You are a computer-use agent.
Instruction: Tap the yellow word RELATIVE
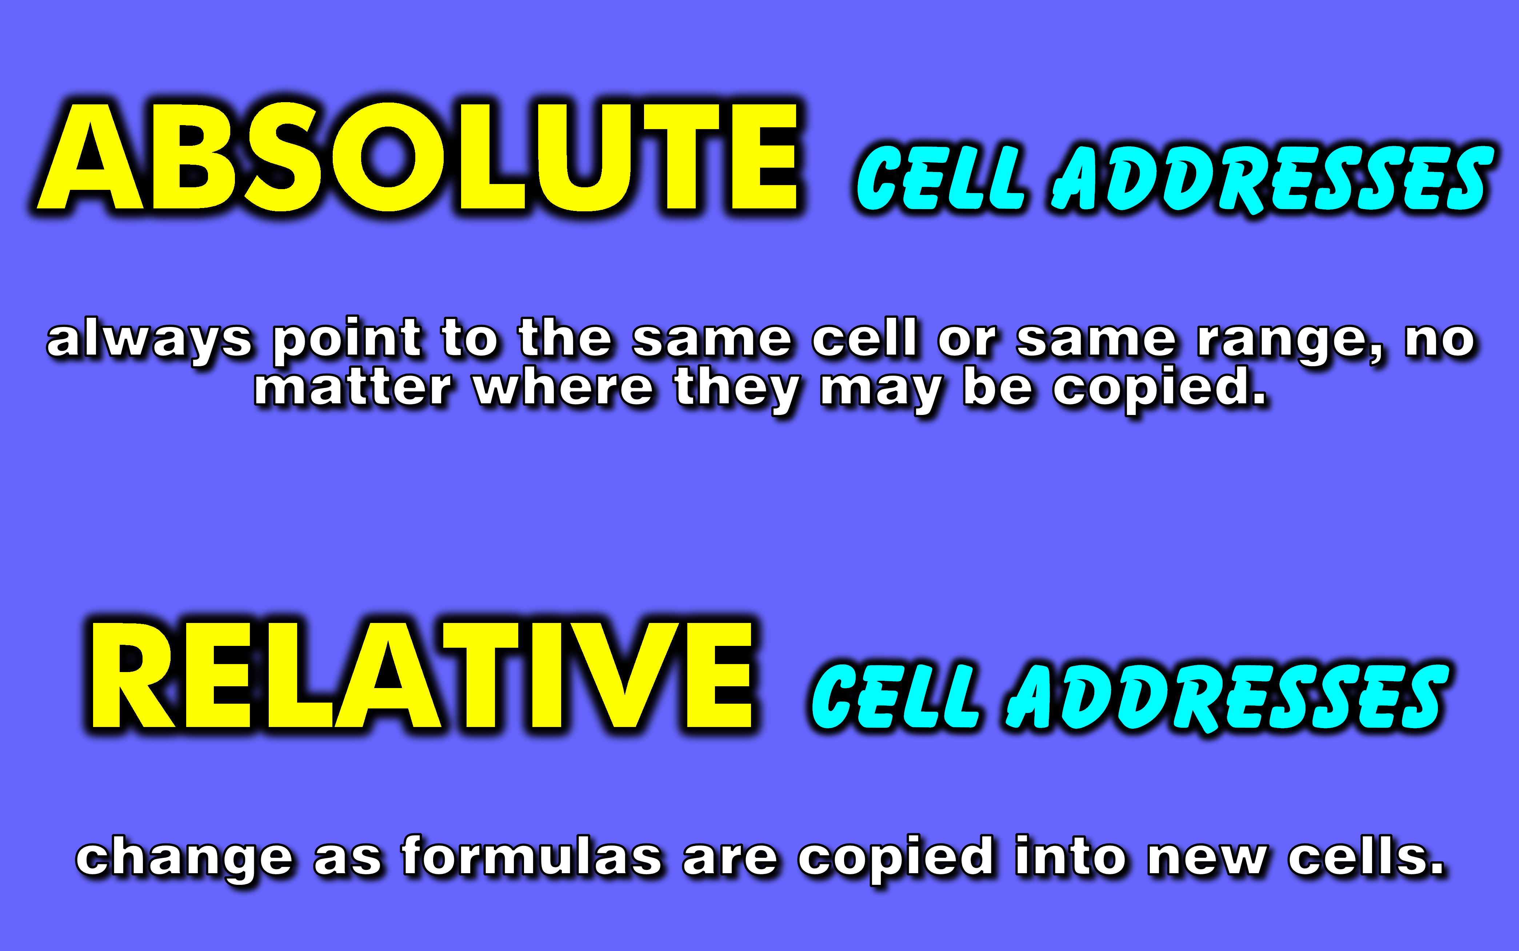421,676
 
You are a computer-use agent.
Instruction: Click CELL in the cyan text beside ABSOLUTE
940,178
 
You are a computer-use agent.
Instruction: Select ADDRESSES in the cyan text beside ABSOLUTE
1271,178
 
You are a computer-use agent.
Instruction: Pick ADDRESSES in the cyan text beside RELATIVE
1227,696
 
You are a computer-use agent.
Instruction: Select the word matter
353,388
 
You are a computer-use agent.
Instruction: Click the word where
564,388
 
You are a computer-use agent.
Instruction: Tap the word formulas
532,857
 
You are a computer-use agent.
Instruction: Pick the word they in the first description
736,388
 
